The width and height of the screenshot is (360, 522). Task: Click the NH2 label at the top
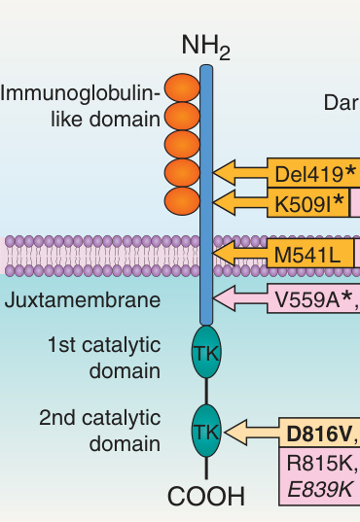click(x=205, y=47)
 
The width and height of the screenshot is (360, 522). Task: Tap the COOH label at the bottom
click(x=206, y=496)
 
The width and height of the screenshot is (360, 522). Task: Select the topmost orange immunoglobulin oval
click(x=182, y=87)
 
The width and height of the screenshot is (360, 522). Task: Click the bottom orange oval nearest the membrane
click(x=182, y=201)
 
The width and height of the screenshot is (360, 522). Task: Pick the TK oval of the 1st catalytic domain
click(x=206, y=352)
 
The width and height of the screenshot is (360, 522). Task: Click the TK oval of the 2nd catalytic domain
click(x=206, y=431)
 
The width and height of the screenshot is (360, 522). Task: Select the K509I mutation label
click(x=309, y=204)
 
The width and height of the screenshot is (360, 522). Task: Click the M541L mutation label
click(x=307, y=255)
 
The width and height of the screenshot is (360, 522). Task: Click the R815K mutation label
click(x=322, y=463)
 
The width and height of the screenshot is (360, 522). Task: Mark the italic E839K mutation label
click(x=319, y=489)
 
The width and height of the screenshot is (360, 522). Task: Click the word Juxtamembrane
click(x=83, y=300)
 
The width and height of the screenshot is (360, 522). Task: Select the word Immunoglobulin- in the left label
click(x=81, y=93)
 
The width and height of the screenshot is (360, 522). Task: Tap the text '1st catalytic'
click(x=104, y=345)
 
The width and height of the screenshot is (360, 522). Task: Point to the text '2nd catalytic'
click(x=100, y=418)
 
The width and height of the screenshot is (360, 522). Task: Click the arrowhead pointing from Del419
click(x=224, y=173)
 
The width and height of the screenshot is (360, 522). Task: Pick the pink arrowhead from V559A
click(x=224, y=298)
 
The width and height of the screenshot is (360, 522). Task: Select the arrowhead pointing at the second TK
click(x=235, y=433)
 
